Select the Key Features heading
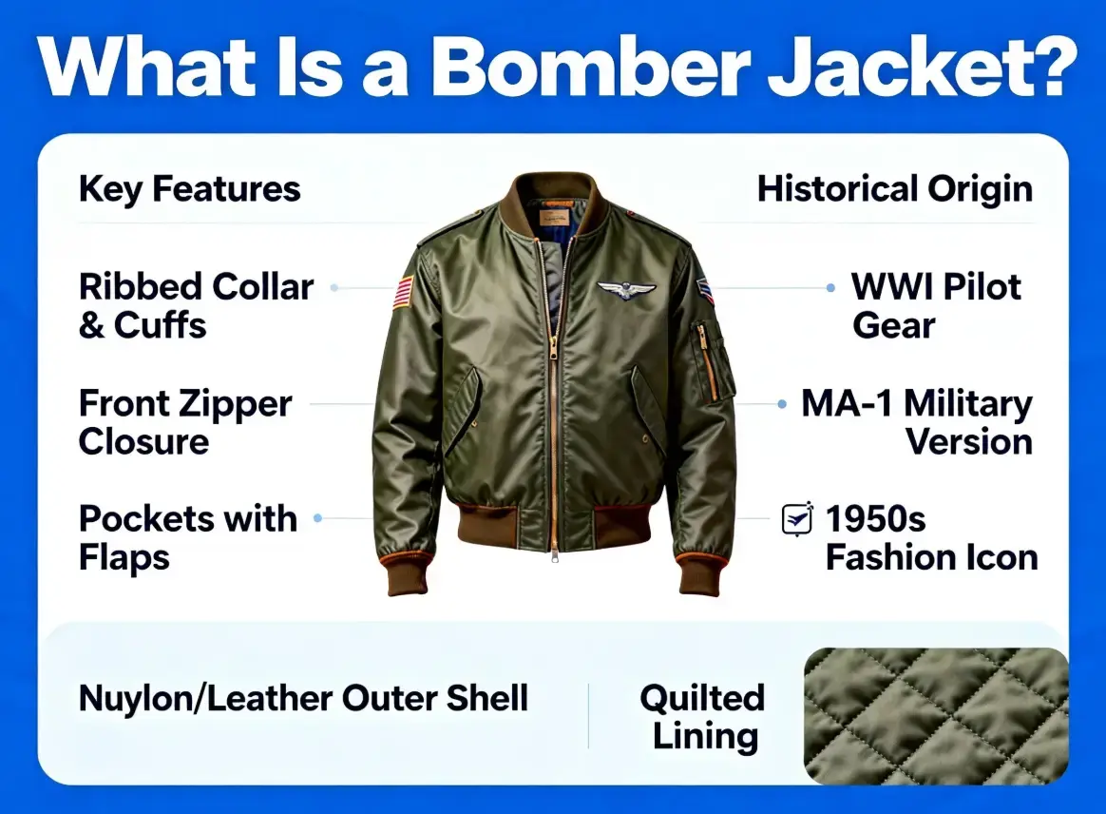[189, 189]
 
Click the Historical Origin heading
[894, 189]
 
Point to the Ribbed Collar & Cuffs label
[196, 305]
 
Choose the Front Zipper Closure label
[184, 422]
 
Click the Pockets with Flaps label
[187, 537]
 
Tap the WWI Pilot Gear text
[936, 305]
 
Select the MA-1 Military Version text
[916, 422]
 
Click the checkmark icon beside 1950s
[797, 518]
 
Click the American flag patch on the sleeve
[404, 292]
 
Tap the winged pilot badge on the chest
[626, 291]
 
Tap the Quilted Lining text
[701, 717]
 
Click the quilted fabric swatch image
[935, 715]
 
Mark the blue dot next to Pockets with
[317, 518]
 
